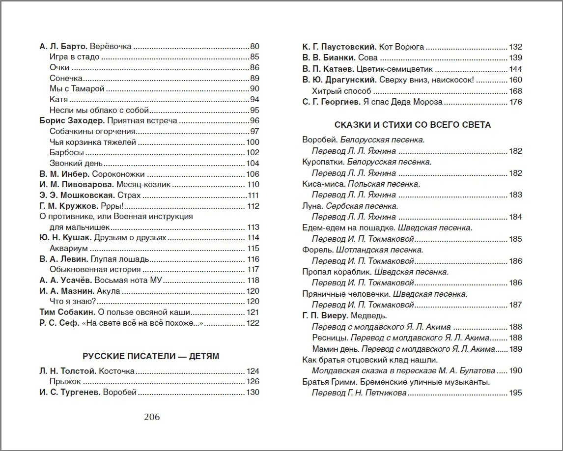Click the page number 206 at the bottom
coord(152,417)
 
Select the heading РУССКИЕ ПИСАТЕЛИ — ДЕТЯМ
coord(151,356)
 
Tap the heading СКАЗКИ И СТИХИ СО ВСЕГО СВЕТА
coord(412,125)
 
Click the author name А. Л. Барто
coord(63,47)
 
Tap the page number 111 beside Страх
coord(253,195)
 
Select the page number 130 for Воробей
coord(253,392)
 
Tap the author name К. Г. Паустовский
coord(339,47)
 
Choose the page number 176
coord(516,102)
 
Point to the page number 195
coord(516,393)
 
